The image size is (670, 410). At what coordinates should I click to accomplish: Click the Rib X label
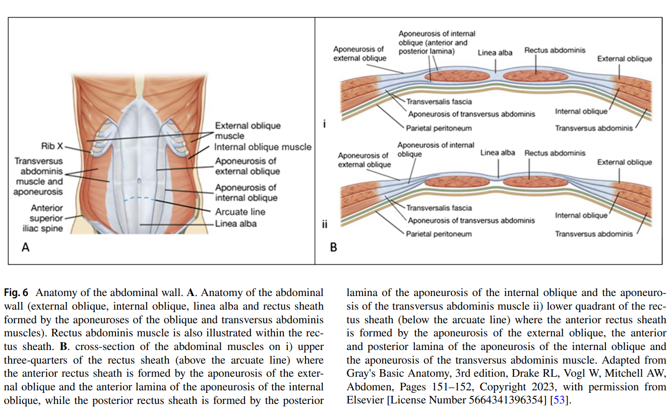pos(52,146)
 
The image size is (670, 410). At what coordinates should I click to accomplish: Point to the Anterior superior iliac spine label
pos(46,218)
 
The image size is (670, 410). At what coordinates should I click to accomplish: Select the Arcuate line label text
pos(240,212)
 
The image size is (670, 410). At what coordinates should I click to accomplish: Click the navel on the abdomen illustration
pos(139,180)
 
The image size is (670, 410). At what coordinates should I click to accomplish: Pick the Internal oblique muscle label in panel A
pos(263,147)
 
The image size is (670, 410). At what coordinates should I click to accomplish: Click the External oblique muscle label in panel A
pos(248,131)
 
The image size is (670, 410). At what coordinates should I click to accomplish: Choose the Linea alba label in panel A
pos(236,223)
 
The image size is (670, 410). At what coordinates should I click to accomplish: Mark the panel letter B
pos(333,247)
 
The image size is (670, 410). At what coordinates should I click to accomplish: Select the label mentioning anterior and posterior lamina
pos(437,42)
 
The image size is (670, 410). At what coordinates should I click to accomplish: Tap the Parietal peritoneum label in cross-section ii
pos(439,234)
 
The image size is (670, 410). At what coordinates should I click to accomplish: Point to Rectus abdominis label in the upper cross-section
pos(555,50)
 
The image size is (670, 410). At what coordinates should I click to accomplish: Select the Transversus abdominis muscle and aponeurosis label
pos(39,177)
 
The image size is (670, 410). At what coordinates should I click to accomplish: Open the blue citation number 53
pos(558,400)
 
